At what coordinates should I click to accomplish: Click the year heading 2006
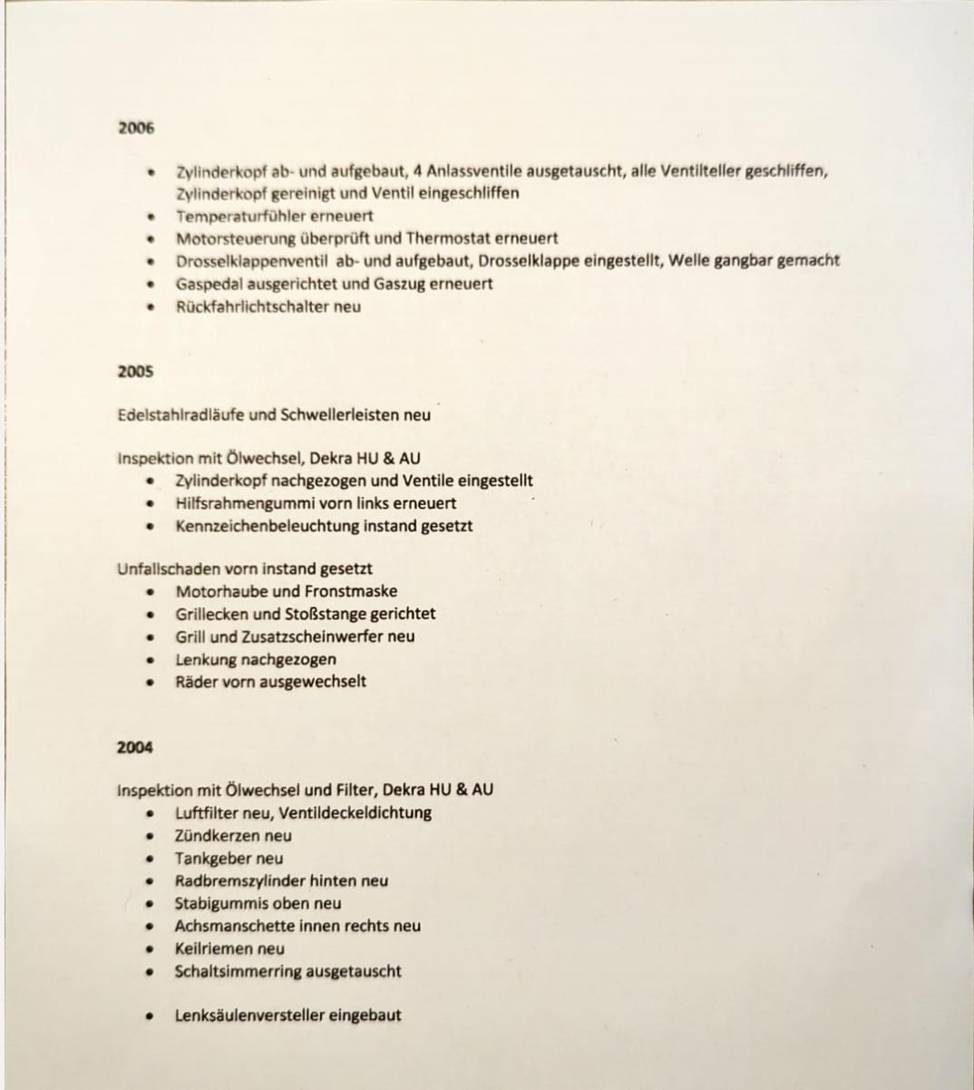[x=136, y=128]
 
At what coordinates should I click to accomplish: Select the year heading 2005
[x=135, y=371]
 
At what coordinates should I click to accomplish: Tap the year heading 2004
[x=135, y=747]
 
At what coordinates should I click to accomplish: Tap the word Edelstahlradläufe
[x=181, y=415]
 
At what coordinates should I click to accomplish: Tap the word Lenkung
[x=206, y=659]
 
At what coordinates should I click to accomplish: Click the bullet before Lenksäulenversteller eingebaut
[x=147, y=1017]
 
